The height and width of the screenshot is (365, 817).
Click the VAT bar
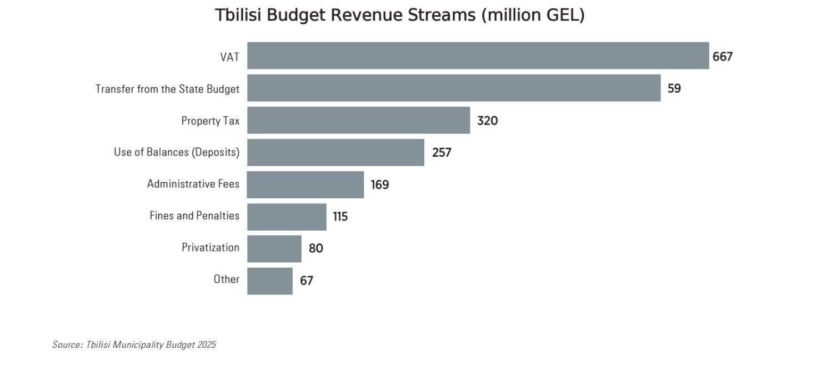(x=478, y=56)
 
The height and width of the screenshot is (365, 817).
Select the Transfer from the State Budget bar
(x=454, y=88)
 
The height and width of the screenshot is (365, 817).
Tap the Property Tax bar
(x=358, y=120)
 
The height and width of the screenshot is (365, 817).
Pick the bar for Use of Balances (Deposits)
(x=335, y=152)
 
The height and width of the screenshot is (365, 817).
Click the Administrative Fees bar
(x=305, y=184)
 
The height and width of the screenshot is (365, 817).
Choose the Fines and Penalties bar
(x=287, y=217)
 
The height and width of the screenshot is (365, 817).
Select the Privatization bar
(x=274, y=248)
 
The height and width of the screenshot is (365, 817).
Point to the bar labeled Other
(x=269, y=281)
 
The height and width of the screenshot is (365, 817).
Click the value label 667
(x=723, y=56)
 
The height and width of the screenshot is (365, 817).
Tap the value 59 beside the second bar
(x=674, y=88)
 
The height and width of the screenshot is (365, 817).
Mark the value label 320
(x=487, y=121)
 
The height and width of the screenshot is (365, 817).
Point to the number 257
(x=442, y=152)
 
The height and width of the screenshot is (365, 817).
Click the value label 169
(x=380, y=184)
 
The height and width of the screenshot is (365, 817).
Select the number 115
(x=340, y=217)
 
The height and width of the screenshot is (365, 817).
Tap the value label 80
(x=315, y=248)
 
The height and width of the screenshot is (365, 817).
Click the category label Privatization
(x=210, y=248)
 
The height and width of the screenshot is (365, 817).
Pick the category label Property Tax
(x=210, y=121)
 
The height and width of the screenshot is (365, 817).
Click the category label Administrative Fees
(x=193, y=184)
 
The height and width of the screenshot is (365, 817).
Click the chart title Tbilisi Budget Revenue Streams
(x=400, y=15)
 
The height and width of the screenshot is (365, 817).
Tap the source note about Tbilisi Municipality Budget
(x=134, y=344)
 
